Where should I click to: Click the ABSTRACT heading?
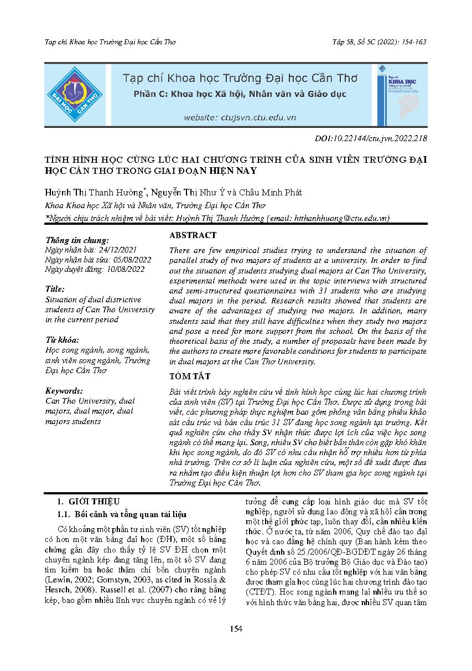click(x=193, y=235)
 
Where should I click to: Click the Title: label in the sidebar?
click(x=55, y=290)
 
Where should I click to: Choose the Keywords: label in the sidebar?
click(x=64, y=391)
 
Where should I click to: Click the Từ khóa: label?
click(x=61, y=340)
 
